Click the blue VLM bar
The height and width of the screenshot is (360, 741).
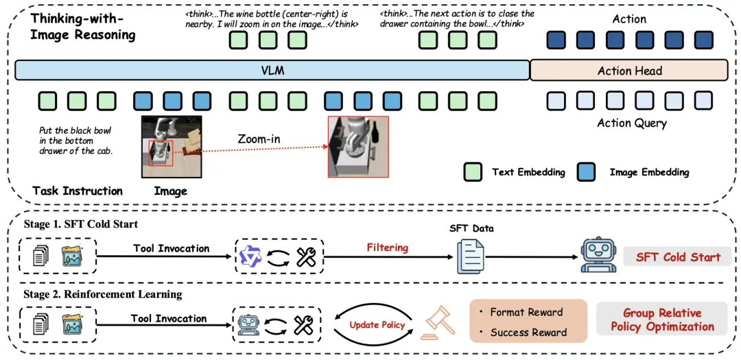272,71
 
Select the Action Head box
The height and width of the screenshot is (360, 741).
629,71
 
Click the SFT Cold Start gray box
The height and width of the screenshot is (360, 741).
678,257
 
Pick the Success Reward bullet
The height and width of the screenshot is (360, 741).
524,332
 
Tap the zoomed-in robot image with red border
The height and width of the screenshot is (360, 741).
358,147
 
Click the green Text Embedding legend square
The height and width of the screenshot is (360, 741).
473,172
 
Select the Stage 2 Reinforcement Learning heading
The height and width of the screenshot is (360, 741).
102,294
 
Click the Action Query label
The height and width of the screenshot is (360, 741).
632,124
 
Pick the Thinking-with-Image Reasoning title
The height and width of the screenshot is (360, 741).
83,27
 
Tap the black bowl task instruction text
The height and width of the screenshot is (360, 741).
75,141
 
